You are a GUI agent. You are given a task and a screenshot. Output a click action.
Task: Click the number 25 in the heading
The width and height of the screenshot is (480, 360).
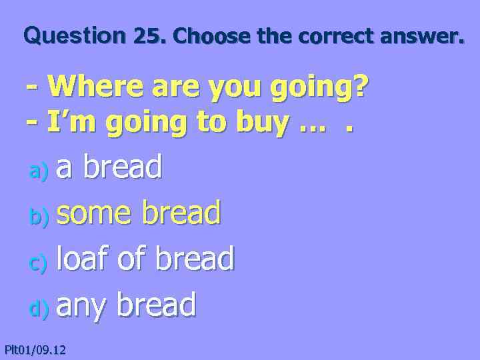click(x=149, y=36)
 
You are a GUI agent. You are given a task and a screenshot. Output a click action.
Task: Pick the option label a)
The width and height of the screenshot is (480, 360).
click(x=38, y=172)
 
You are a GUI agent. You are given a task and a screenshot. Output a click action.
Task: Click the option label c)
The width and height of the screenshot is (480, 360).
click(x=38, y=264)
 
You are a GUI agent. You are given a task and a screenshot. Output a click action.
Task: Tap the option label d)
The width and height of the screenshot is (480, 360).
click(x=38, y=309)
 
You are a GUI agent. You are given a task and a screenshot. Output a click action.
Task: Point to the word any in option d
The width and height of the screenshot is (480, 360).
click(x=82, y=306)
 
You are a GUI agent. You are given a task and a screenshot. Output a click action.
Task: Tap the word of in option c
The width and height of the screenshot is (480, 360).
click(x=131, y=259)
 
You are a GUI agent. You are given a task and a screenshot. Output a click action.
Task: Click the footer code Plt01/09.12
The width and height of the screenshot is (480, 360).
click(x=35, y=349)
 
